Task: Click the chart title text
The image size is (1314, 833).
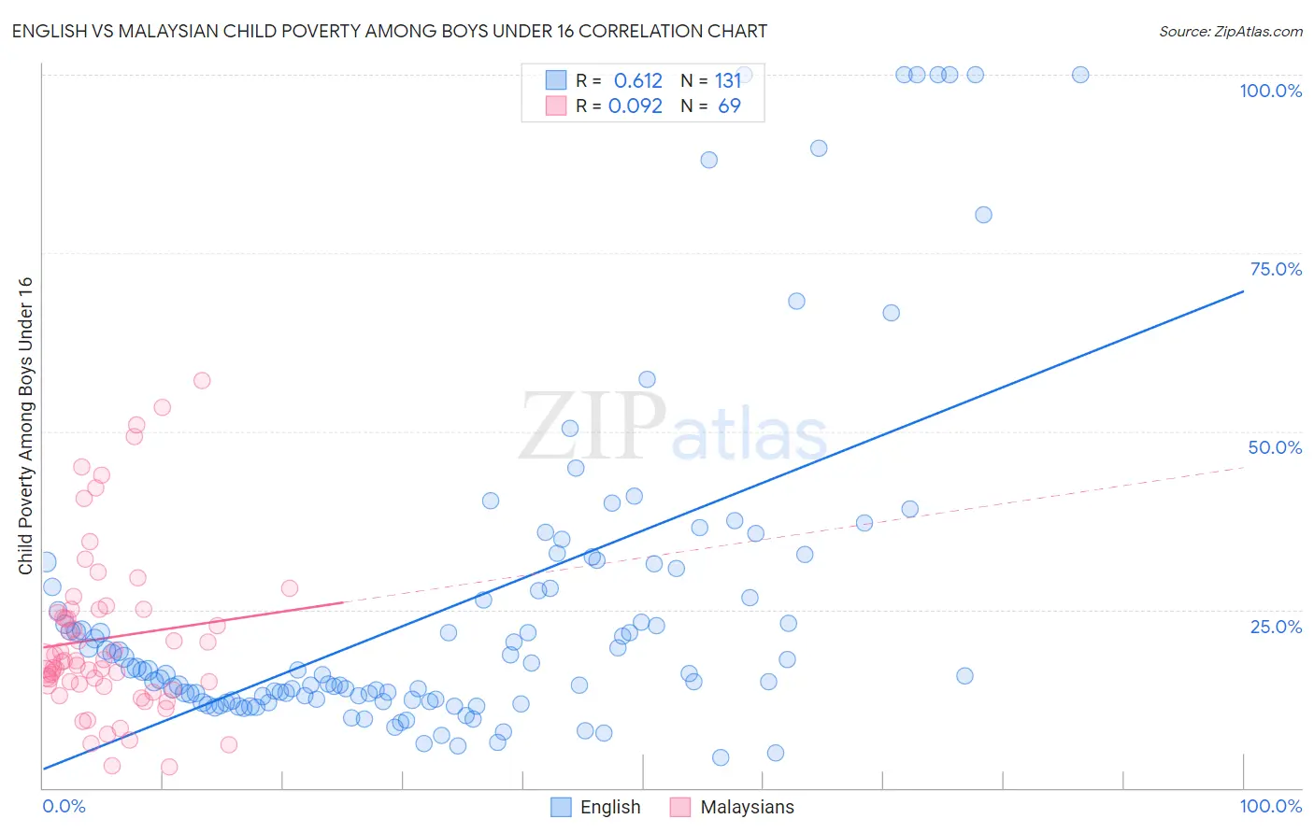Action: click(389, 31)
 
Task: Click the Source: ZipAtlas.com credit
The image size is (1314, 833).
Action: click(1230, 31)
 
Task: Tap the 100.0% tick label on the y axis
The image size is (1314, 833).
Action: click(1270, 91)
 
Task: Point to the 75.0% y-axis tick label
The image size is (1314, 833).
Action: click(1276, 269)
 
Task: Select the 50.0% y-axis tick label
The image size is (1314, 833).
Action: click(1275, 447)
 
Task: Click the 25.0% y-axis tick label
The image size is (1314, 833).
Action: click(1276, 626)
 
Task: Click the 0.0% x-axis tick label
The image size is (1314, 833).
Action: click(64, 806)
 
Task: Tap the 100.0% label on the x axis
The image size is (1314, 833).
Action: click(1270, 806)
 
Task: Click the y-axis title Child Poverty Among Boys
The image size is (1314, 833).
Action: click(25, 425)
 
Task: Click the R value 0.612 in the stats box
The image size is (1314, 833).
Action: click(637, 81)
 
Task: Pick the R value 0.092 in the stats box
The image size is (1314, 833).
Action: click(636, 106)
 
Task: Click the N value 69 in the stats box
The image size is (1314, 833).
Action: click(729, 106)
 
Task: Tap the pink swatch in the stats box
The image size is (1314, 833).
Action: click(556, 106)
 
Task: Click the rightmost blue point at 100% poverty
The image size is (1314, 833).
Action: click(1080, 75)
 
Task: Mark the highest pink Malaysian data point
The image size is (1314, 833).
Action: click(202, 380)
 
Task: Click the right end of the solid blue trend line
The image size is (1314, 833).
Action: click(1243, 291)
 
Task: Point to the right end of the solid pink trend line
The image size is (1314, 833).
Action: click(343, 602)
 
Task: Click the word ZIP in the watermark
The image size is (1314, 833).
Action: click(593, 427)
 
